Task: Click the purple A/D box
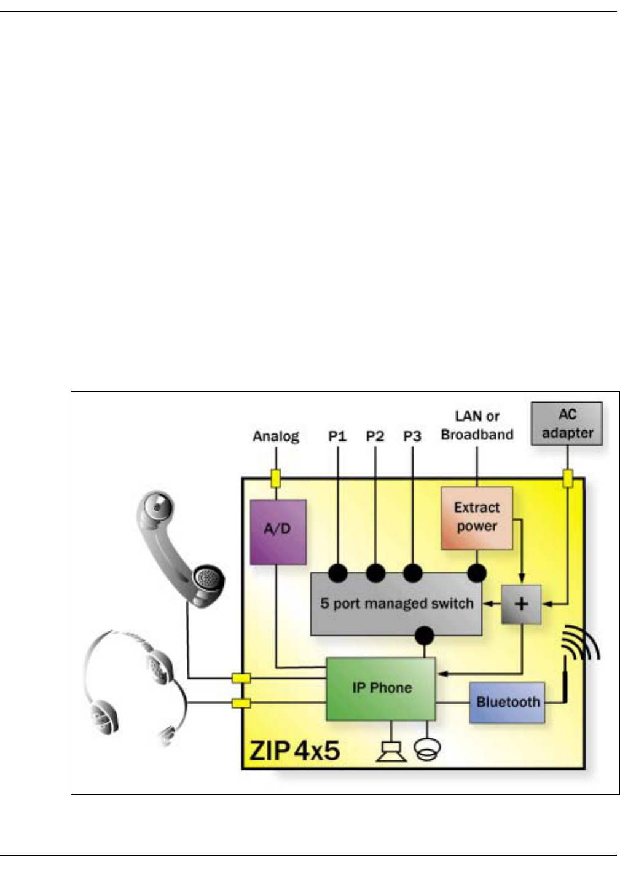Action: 278,532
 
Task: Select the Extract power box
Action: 476,518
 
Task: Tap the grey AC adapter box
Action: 567,424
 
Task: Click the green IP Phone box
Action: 380,688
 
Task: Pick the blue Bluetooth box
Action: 507,702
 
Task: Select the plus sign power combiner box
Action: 521,604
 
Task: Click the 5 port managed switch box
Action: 396,604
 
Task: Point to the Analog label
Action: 276,436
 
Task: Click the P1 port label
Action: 337,436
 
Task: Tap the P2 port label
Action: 375,436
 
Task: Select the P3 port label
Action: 412,436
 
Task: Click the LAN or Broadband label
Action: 477,425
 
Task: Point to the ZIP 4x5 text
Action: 294,751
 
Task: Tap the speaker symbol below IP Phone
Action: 391,752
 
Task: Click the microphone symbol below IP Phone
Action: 427,749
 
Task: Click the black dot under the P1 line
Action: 337,573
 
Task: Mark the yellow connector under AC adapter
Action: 568,479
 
